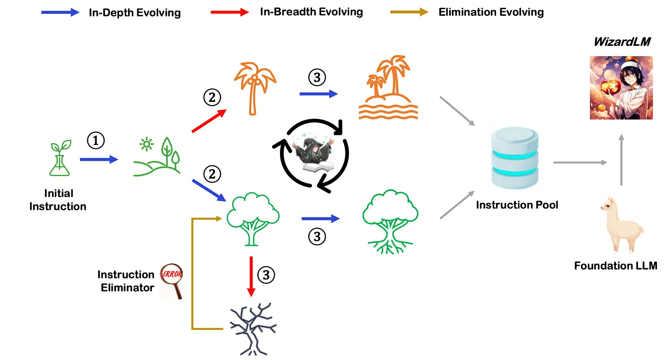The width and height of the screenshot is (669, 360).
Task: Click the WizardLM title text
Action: coord(622,42)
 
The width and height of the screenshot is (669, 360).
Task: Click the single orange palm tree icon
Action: coord(254,89)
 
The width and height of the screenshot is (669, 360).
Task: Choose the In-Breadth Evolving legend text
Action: coord(311,12)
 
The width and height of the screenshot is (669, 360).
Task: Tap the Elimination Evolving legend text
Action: coord(491,12)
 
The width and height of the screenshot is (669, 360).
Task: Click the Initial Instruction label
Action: coord(58,200)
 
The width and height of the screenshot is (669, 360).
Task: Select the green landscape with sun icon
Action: coord(157,155)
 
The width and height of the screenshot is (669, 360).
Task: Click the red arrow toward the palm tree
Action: coord(209,121)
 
